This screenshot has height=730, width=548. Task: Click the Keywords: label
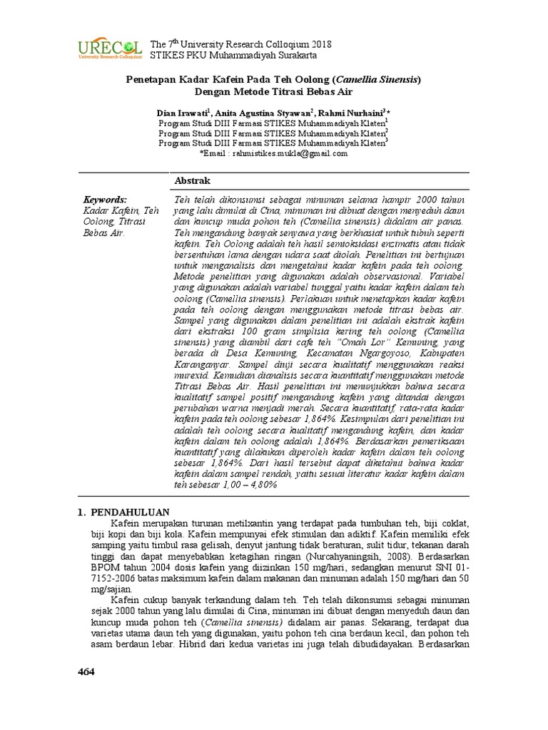[x=105, y=200]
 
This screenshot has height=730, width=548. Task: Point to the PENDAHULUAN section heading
[x=128, y=512]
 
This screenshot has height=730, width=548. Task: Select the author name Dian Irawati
[x=181, y=113]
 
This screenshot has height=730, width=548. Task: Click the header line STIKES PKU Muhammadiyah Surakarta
[x=233, y=56]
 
